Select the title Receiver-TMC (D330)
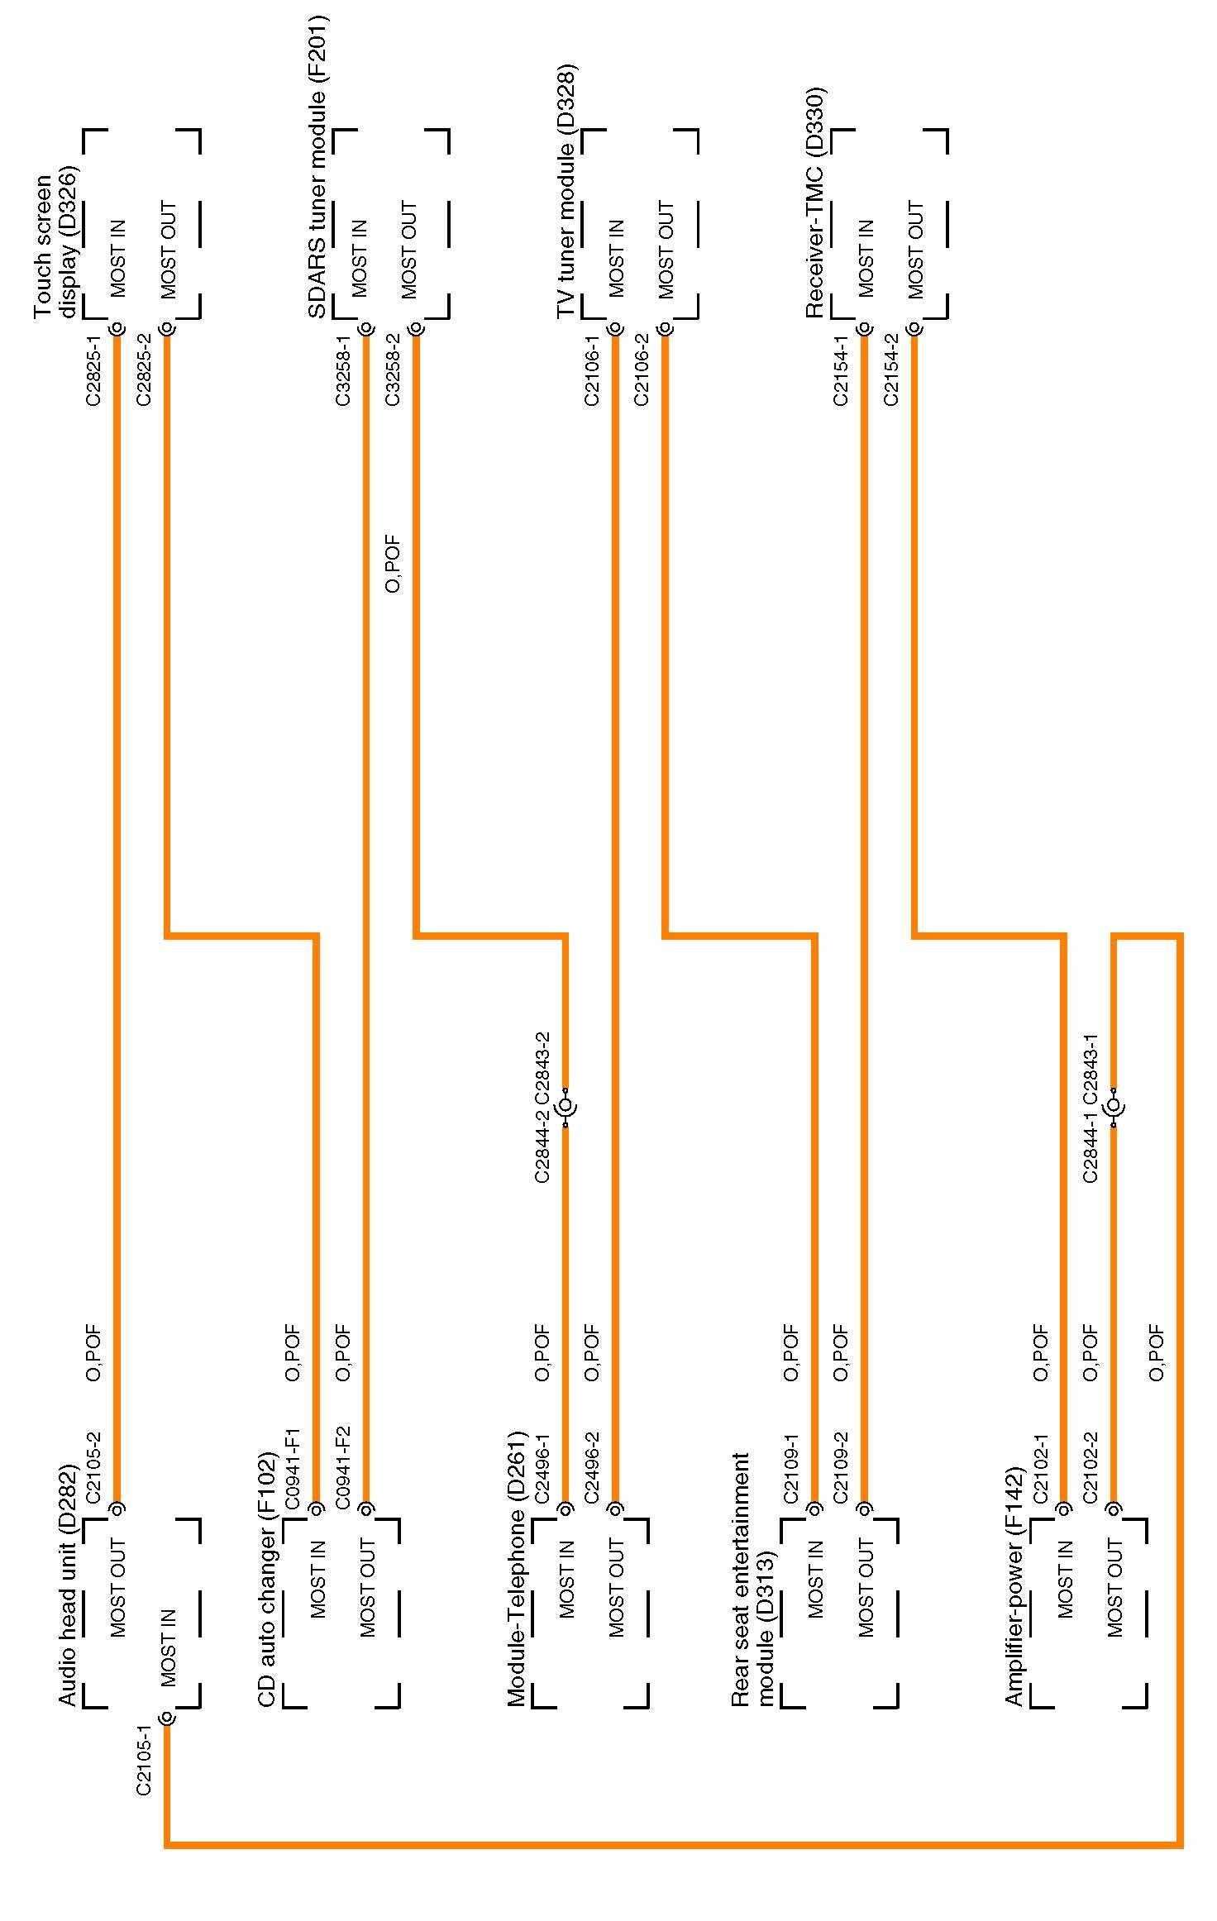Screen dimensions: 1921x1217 tap(815, 203)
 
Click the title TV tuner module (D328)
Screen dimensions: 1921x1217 tap(566, 192)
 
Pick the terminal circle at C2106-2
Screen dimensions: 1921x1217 tap(666, 329)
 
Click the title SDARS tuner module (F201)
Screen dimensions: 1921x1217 tap(317, 165)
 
